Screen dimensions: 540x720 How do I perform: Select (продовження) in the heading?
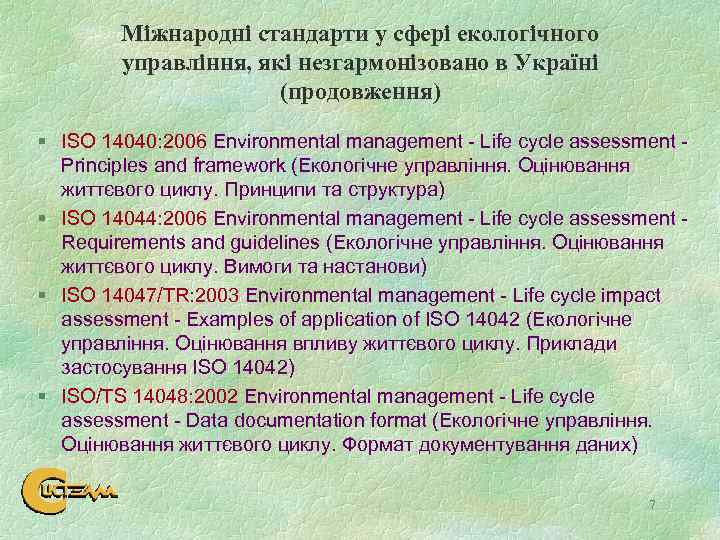361,93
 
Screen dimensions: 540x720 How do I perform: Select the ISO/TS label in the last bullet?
87,396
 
